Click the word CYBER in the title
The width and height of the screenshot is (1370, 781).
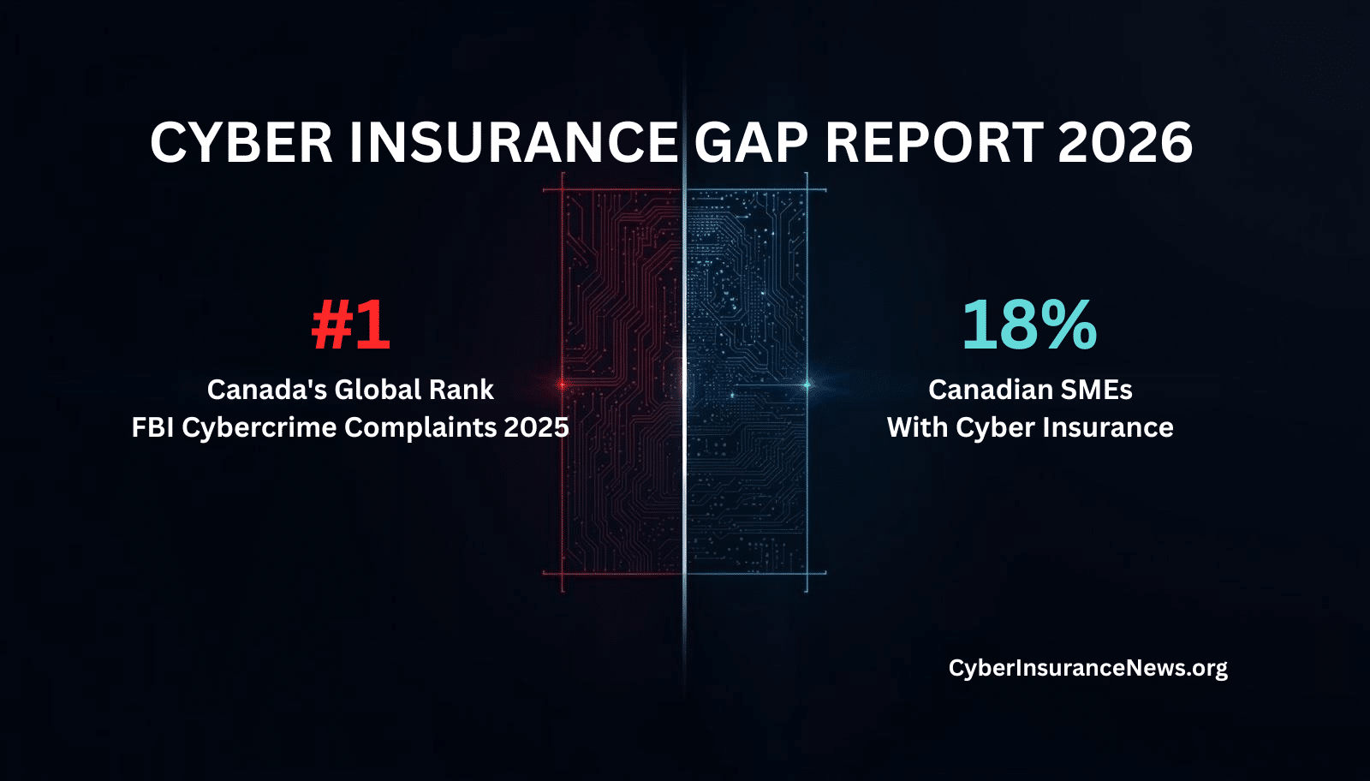point(241,142)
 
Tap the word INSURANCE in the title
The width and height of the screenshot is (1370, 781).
point(514,142)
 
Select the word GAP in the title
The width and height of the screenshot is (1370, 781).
point(751,142)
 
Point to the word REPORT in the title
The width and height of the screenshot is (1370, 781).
point(934,142)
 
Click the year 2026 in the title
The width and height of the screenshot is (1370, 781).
point(1125,142)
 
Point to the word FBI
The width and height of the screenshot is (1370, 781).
point(153,426)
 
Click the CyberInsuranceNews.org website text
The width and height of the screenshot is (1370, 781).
point(1088,668)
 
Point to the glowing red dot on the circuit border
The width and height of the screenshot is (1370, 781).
point(562,385)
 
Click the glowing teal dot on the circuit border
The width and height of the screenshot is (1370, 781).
point(807,385)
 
